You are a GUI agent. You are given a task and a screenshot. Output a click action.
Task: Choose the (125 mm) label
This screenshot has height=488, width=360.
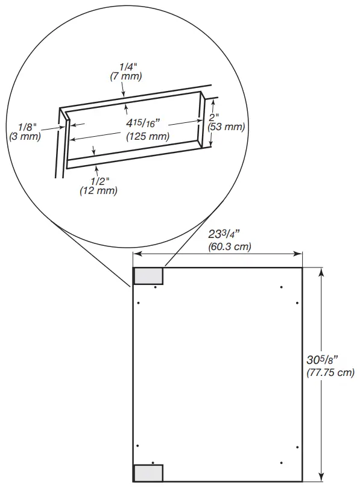point(147,136)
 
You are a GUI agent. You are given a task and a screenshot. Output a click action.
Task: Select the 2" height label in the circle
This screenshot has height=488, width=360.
point(214,117)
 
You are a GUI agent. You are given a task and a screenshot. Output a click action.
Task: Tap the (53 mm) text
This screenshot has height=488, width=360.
point(226,127)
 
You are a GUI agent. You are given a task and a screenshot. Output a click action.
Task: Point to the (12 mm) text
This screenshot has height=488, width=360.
point(98,190)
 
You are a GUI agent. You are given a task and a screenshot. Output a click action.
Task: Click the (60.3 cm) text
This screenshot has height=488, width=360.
point(230,246)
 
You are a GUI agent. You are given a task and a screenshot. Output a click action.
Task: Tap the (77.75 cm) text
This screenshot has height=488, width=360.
point(330,372)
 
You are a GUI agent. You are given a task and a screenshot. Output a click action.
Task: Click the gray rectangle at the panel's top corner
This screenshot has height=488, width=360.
point(148,276)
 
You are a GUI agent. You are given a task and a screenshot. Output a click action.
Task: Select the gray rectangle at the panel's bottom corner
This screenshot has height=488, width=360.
point(148,473)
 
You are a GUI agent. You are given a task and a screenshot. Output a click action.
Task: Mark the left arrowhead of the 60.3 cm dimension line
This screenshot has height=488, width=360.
point(136,254)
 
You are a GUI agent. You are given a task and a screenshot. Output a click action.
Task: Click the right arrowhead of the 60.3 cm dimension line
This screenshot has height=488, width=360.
point(299,254)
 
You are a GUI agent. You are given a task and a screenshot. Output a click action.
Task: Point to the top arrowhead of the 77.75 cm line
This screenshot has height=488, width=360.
point(321,271)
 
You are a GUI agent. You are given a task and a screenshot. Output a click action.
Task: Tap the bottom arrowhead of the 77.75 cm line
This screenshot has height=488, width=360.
point(321,478)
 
